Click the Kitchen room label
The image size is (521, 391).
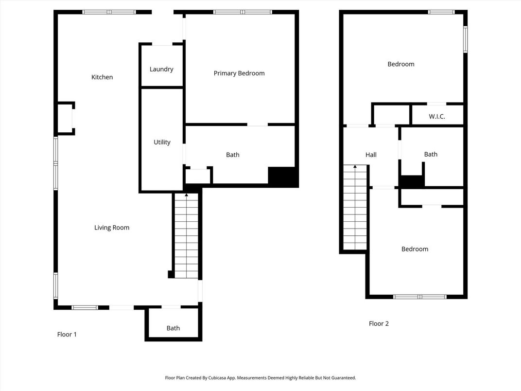coord(102,77)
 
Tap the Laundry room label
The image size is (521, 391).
coord(161,69)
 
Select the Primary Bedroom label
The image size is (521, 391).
coord(239,73)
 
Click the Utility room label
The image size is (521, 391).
coord(162,142)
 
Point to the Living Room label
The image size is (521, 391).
coord(112,228)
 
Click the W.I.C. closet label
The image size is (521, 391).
coord(437,116)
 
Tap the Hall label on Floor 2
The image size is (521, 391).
coord(371,155)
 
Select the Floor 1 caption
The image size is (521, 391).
coord(67,335)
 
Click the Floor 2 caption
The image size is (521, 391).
coord(379,323)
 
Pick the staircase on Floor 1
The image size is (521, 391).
coord(187,236)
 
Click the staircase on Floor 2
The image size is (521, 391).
coord(355,208)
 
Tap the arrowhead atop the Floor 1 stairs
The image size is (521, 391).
coord(187,195)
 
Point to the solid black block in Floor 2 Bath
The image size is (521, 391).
coord(412,181)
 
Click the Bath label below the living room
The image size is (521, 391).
coord(173,328)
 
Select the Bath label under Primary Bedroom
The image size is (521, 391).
coord(233,155)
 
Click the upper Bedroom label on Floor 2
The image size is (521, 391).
coord(401,64)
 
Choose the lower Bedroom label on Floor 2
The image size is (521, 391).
coord(415,249)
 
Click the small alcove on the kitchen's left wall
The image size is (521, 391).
coord(65,118)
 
